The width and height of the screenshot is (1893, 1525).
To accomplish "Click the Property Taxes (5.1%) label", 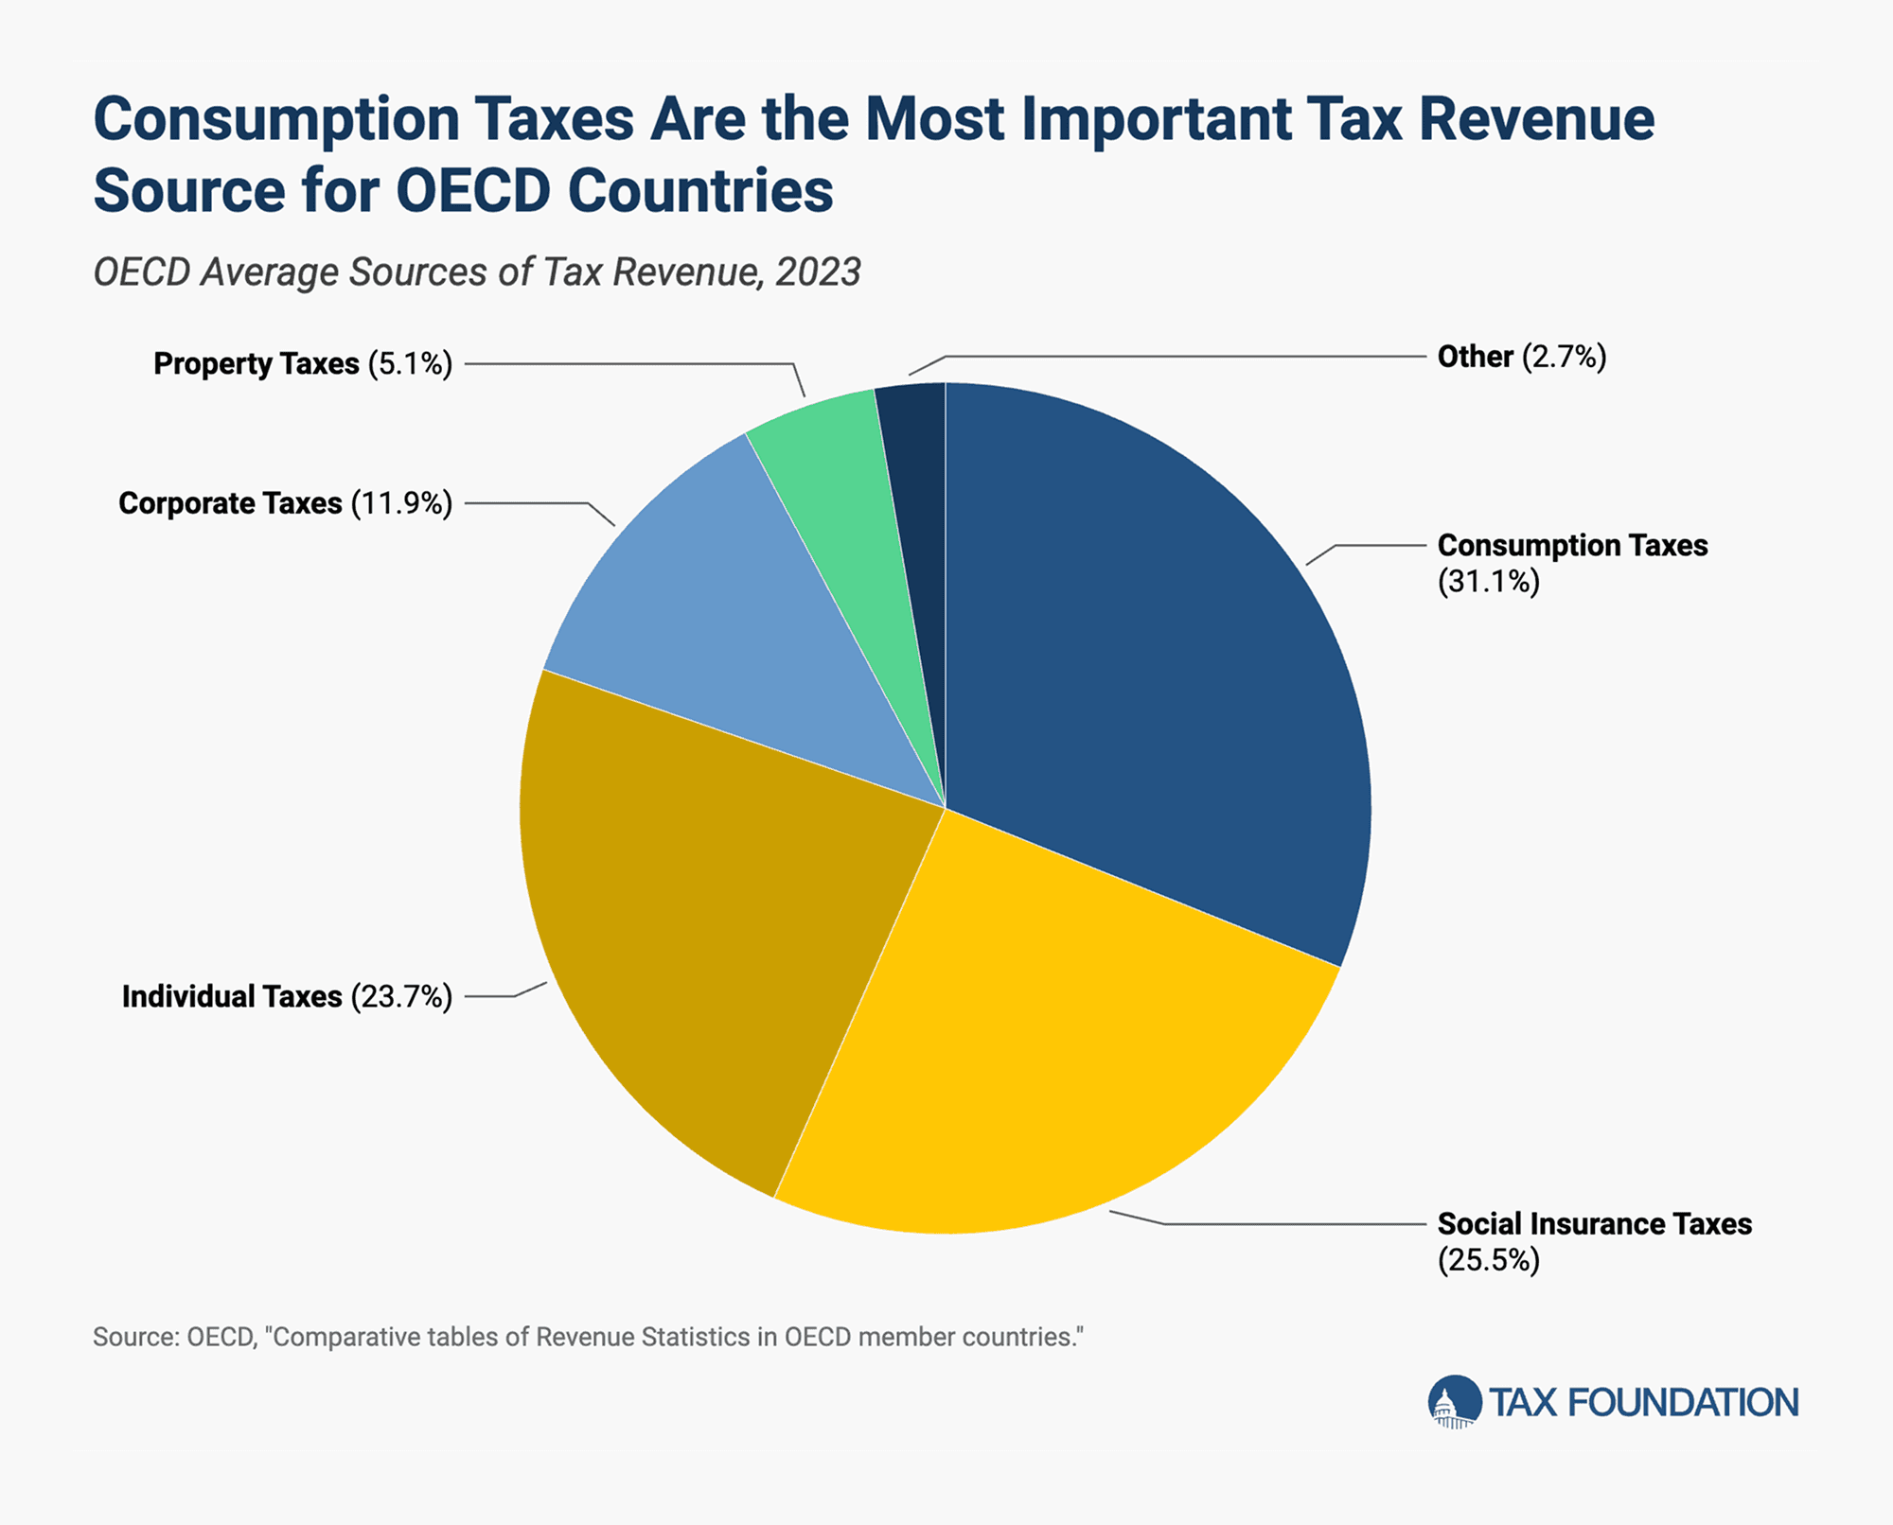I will (x=303, y=364).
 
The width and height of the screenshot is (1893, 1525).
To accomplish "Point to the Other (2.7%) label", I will (x=1521, y=357).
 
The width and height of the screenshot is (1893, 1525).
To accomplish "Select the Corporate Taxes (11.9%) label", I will (x=285, y=503).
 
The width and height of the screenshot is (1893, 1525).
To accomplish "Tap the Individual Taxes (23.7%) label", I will (x=287, y=997).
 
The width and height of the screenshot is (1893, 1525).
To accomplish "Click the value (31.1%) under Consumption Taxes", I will (x=1488, y=581).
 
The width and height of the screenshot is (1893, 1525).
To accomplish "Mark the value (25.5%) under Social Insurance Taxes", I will (x=1488, y=1260).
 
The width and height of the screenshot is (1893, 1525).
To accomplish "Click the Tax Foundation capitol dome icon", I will (x=1454, y=1402).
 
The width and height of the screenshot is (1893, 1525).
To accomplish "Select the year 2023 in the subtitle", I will (x=818, y=272).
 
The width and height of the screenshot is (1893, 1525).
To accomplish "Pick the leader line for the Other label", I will (x=1183, y=357).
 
